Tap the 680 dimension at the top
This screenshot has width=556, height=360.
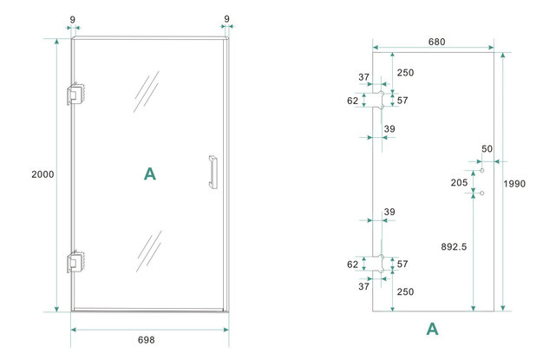[x=437, y=41]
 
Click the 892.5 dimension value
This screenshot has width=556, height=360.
[x=453, y=247]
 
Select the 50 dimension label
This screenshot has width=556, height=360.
[x=487, y=149]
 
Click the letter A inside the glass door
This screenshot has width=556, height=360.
[x=149, y=174]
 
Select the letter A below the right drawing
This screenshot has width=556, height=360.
[x=432, y=329]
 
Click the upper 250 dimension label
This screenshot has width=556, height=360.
[x=405, y=72]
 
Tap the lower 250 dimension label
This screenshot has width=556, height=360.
[x=405, y=292]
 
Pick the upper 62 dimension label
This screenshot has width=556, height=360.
[x=353, y=101]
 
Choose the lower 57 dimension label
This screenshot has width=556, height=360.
[x=402, y=264]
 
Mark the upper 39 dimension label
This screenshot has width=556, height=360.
[x=389, y=129]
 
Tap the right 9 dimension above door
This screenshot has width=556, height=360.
[x=226, y=17]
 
